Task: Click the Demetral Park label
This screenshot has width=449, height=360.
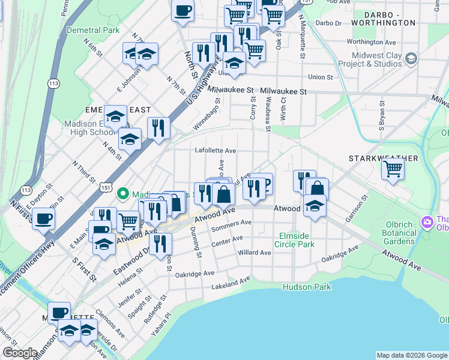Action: pos(94,29)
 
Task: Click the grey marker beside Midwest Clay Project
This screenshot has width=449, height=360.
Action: pos(411,58)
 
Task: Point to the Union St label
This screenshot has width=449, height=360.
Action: pos(320,77)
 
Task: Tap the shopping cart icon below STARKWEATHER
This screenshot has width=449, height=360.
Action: pos(393,169)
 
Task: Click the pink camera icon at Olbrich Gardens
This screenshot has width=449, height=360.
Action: pos(427,222)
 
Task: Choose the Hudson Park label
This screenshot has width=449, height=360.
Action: pos(307,287)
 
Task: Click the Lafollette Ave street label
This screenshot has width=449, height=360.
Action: pos(215,151)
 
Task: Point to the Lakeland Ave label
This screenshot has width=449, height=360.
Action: pos(231,283)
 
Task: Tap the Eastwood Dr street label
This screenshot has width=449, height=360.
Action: pos(132,258)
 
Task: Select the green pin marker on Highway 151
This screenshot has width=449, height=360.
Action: pos(124,193)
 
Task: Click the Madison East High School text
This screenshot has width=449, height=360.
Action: pos(89,128)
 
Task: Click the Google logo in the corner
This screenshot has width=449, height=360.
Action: pos(20,353)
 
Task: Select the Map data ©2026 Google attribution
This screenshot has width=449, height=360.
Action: pos(411,355)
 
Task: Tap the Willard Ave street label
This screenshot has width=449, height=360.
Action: pos(256,253)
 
